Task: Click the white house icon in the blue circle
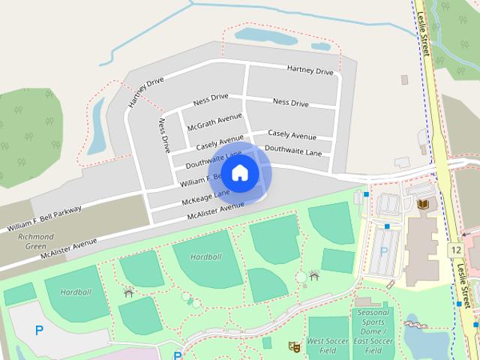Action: (x=239, y=173)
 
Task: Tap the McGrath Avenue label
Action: (x=214, y=121)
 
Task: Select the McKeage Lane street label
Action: (x=205, y=198)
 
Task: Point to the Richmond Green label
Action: (x=35, y=241)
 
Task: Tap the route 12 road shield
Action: (x=457, y=249)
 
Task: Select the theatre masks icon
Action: (x=295, y=346)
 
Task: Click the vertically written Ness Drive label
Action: (x=164, y=135)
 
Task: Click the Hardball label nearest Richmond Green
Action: (x=75, y=291)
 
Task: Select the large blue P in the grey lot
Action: (x=39, y=329)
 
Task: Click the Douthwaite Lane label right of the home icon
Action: (x=292, y=150)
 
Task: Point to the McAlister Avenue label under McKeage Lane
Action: (x=216, y=211)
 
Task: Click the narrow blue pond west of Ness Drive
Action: (x=97, y=127)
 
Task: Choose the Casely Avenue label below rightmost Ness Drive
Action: (x=291, y=135)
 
